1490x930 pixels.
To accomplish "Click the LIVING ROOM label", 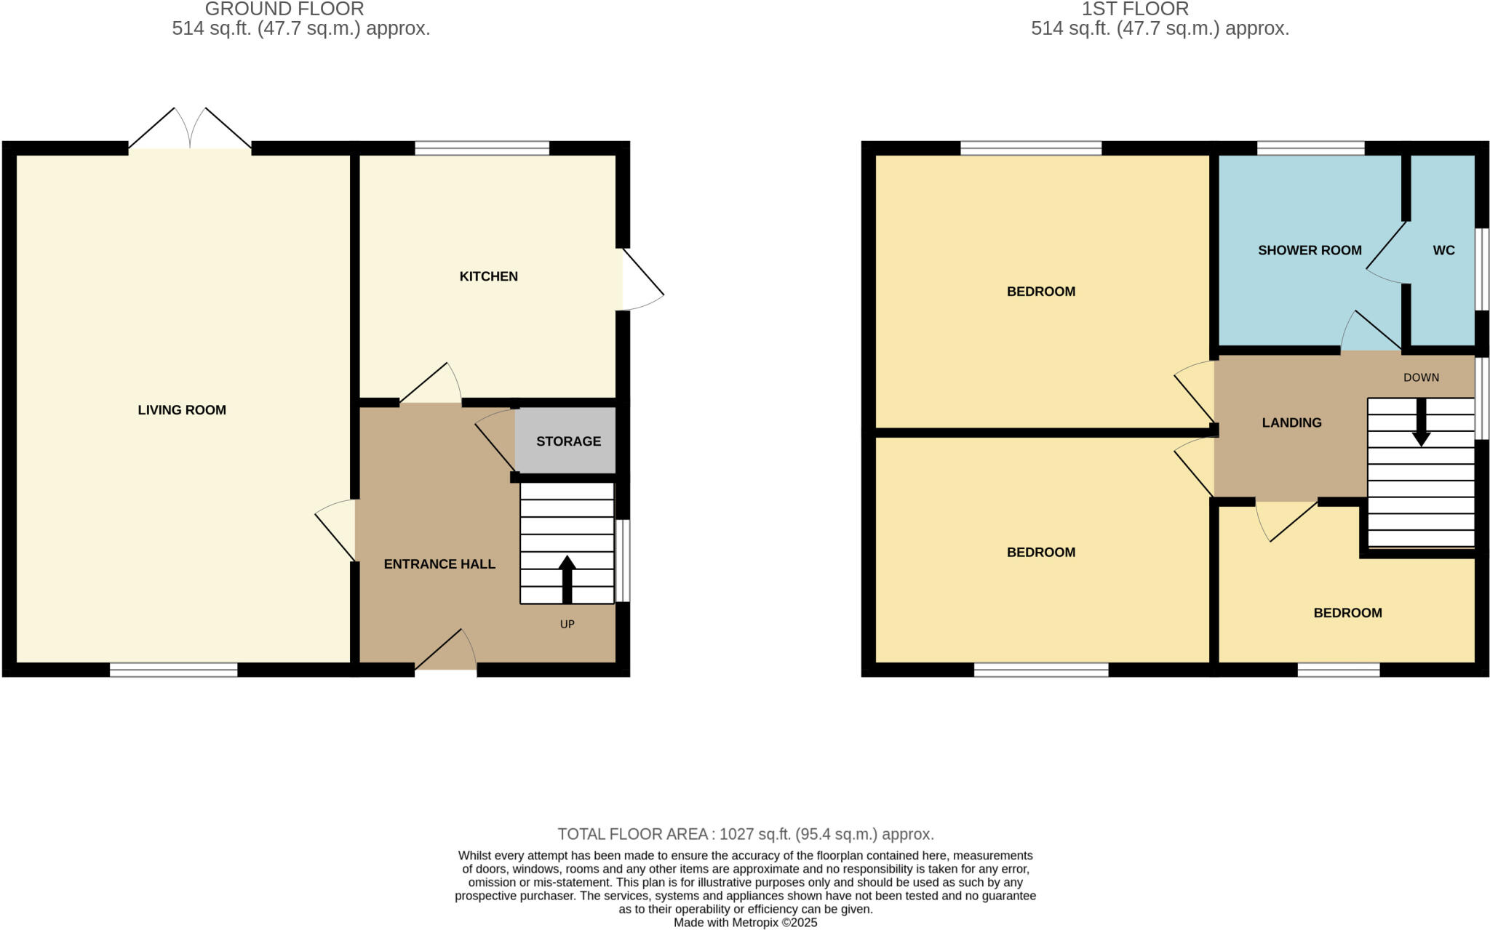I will [182, 410].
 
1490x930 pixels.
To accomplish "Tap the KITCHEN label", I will [488, 276].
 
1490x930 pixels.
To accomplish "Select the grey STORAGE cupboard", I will [567, 441].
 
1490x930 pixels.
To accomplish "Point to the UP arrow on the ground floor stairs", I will [567, 579].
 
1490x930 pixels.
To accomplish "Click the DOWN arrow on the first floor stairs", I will [1421, 423].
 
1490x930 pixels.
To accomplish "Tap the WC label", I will [1443, 250].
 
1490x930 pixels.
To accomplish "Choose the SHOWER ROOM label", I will [1310, 250].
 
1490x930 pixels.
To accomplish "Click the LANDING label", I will [1291, 422].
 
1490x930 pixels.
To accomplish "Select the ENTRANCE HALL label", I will [439, 564].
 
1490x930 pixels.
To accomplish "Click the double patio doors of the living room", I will [190, 131].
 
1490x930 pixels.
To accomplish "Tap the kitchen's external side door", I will [642, 281].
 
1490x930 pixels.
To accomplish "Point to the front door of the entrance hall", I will [446, 651].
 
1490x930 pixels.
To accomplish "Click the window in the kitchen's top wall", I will [482, 148].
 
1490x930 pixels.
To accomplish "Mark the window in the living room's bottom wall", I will [173, 670].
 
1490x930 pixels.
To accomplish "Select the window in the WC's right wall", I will [1481, 269].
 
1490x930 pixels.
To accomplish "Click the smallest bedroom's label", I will [1347, 613].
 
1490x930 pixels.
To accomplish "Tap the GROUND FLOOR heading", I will [284, 9].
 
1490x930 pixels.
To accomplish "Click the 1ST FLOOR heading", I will [1135, 9].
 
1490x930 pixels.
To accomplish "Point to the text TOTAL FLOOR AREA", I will [632, 834].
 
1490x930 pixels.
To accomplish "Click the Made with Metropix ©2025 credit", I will [745, 923].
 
